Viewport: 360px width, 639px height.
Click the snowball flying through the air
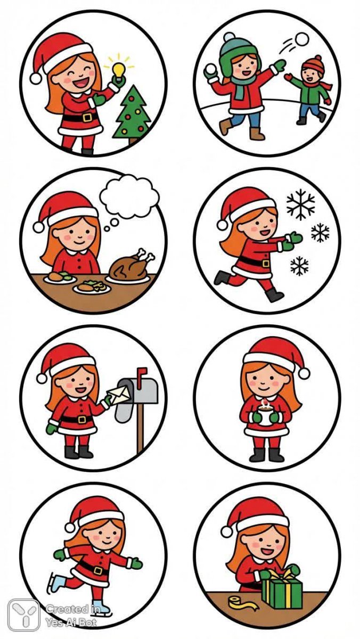[x=302, y=39]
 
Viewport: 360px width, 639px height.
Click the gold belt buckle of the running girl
[x=266, y=263]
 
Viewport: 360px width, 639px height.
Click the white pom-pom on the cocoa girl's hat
[x=304, y=373]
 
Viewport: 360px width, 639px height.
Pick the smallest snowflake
[x=299, y=266]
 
